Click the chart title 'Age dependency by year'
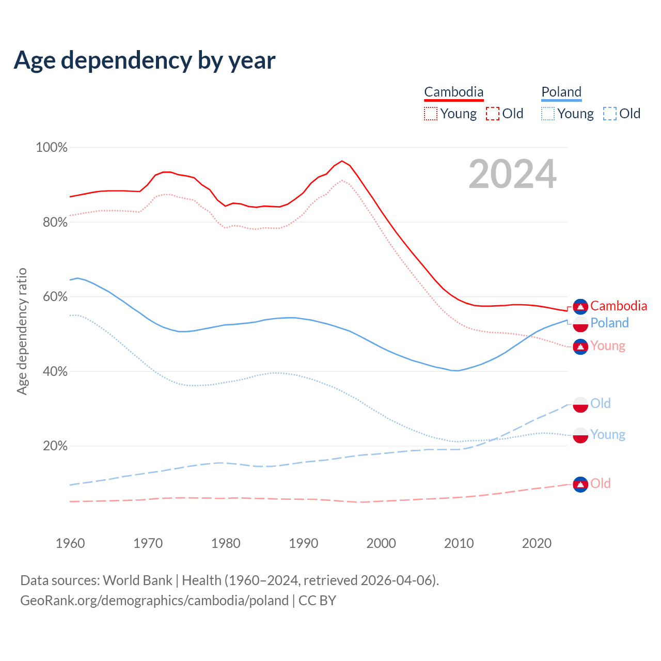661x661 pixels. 145,60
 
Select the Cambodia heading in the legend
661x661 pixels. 453,92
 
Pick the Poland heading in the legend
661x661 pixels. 561,92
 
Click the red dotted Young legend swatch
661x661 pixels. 430,114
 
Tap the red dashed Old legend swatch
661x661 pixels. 493,114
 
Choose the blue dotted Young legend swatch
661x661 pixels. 548,114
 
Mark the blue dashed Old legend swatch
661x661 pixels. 610,114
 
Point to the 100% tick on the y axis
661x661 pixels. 52,148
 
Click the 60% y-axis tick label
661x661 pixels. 55,297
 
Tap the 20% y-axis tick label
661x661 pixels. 55,446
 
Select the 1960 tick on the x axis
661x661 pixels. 70,543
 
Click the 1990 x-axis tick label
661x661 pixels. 304,543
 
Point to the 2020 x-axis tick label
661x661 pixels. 537,543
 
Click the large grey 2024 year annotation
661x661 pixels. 512,175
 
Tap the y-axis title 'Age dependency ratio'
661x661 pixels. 22,331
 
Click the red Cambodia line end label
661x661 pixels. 618,306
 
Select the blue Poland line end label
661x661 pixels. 609,323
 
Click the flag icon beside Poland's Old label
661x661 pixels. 580,404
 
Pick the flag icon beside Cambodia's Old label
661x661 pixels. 580,484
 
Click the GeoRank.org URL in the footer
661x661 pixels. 154,601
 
